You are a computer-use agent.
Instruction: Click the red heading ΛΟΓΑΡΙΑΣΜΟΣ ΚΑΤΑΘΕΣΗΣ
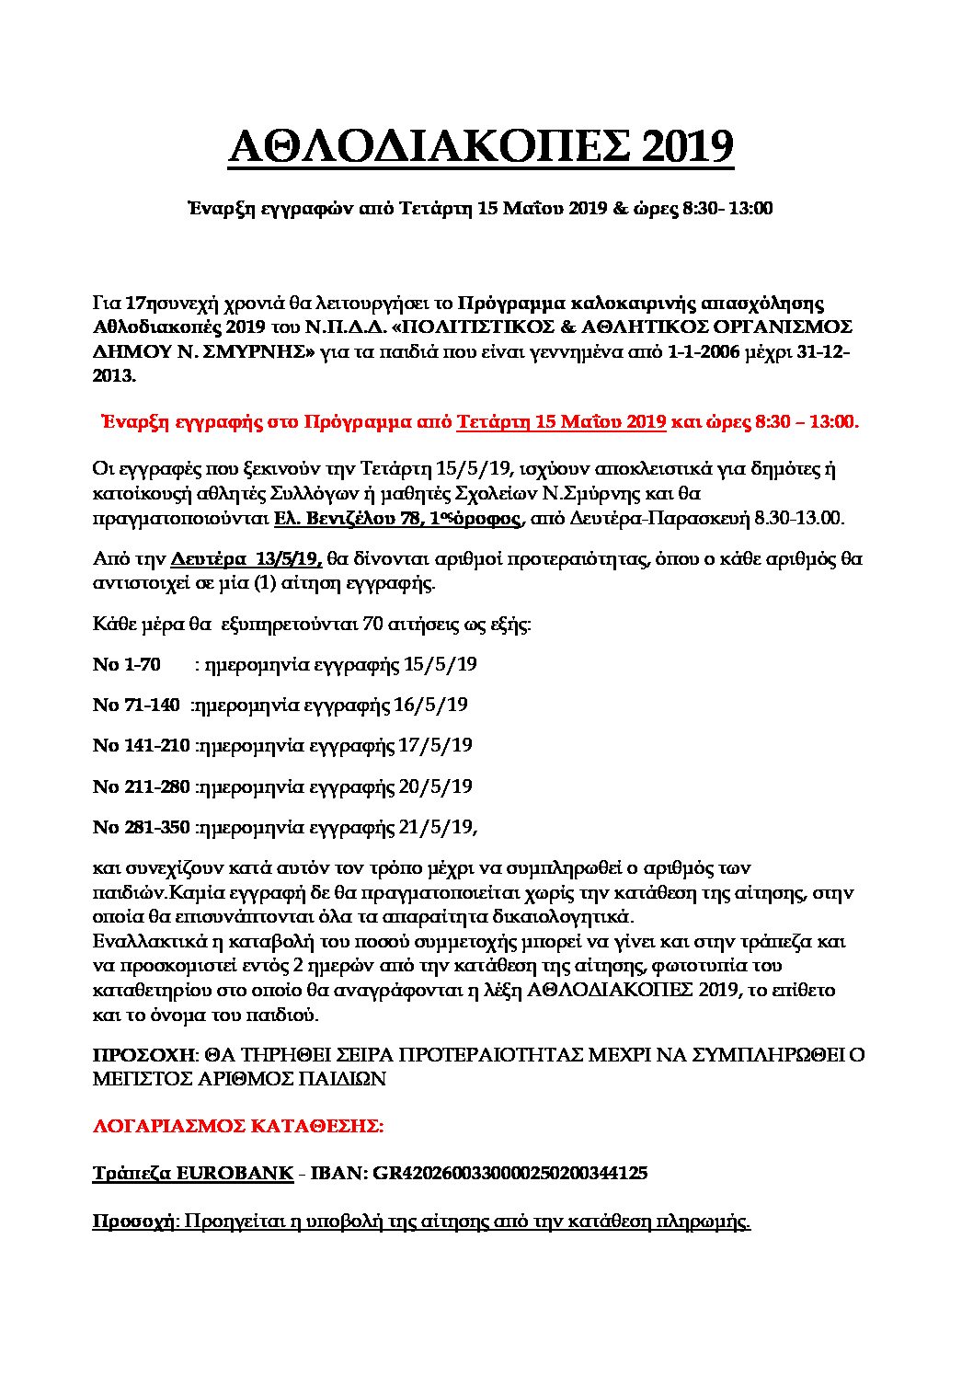click(237, 1125)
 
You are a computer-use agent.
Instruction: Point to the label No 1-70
click(127, 664)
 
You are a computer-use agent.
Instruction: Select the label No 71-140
click(136, 706)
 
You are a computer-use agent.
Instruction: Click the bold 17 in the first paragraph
click(135, 303)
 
